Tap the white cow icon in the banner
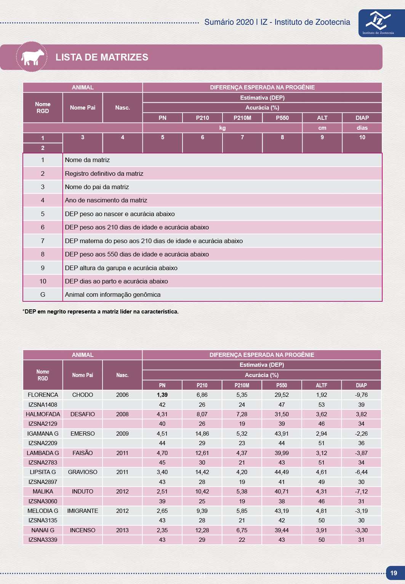coord(32,57)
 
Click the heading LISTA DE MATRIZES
coord(102,57)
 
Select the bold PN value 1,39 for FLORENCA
coord(162,395)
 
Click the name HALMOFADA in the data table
coord(43,414)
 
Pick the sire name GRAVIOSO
coord(83,472)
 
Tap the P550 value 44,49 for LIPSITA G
coord(282,472)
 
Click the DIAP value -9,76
coord(361,395)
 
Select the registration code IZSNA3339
coord(43,539)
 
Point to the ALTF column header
coord(322,385)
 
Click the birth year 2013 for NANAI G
coord(122,530)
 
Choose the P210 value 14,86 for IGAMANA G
coord(202,433)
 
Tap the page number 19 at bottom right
coord(394,573)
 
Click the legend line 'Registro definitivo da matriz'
coord(104,173)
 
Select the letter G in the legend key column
coord(43,294)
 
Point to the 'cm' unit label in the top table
coord(322,128)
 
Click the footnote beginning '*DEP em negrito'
coord(101,312)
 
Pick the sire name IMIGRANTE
coord(83,511)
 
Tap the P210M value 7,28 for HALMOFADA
coord(242,414)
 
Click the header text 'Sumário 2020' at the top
coord(229,22)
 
